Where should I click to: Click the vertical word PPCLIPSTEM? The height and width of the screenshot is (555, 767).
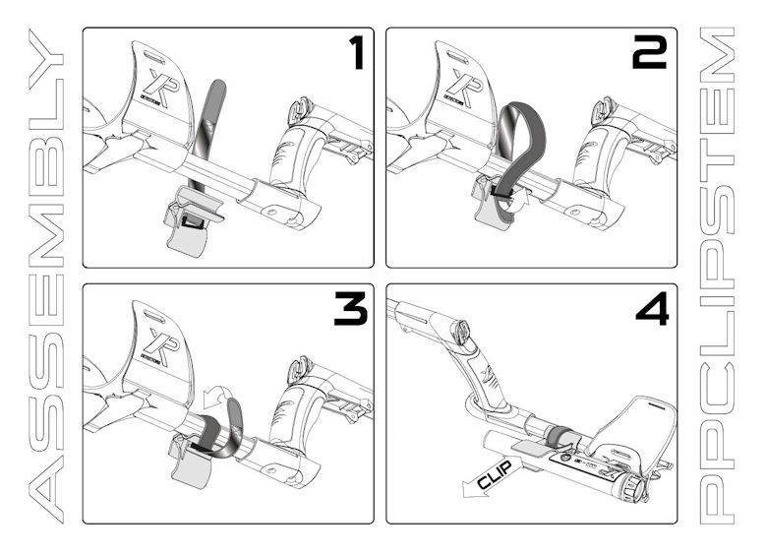(x=725, y=277)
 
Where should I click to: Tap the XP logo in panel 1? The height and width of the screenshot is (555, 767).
(x=158, y=85)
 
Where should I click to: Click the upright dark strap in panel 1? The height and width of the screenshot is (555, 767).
(x=206, y=128)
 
